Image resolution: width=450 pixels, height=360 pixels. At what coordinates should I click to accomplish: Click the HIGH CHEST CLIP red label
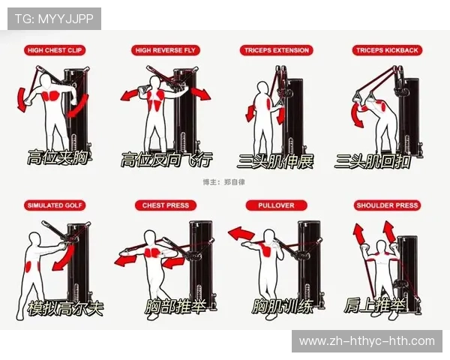pyautogui.click(x=55, y=50)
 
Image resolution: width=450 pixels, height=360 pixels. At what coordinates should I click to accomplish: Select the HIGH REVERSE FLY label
pyautogui.click(x=165, y=50)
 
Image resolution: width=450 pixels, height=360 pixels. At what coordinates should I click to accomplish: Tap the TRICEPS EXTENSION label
pyautogui.click(x=276, y=50)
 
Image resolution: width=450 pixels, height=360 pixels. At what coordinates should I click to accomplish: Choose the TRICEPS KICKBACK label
pyautogui.click(x=387, y=50)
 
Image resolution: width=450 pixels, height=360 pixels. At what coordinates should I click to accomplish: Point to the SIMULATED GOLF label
pyautogui.click(x=55, y=205)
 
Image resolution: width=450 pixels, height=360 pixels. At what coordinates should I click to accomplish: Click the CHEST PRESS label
pyautogui.click(x=166, y=205)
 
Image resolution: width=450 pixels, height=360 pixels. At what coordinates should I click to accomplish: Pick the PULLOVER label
pyautogui.click(x=276, y=205)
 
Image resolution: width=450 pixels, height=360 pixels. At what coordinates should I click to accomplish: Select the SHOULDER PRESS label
pyautogui.click(x=387, y=205)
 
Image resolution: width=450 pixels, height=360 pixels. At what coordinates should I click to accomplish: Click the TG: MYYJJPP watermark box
pyautogui.click(x=54, y=19)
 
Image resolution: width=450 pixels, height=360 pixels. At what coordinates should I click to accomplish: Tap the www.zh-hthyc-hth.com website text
pyautogui.click(x=367, y=341)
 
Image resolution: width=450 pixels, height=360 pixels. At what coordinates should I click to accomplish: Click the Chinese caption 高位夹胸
pyautogui.click(x=58, y=157)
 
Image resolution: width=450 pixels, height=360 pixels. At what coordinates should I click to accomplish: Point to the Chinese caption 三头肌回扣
pyautogui.click(x=373, y=161)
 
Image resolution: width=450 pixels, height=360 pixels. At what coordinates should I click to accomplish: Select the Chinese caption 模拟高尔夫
pyautogui.click(x=65, y=308)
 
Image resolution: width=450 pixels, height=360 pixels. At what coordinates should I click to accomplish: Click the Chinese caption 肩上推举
pyautogui.click(x=374, y=305)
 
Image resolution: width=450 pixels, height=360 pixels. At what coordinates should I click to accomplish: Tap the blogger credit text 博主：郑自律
pyautogui.click(x=223, y=182)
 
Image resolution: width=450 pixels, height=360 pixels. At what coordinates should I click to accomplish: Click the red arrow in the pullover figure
pyautogui.click(x=241, y=233)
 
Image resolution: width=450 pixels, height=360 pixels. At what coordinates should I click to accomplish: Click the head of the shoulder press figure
pyautogui.click(x=381, y=247)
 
